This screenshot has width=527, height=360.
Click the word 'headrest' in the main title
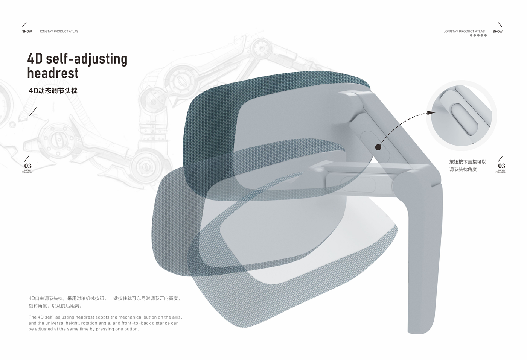[x=53, y=73]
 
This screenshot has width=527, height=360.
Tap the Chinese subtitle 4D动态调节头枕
[x=53, y=91]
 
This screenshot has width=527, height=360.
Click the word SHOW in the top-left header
[x=27, y=32]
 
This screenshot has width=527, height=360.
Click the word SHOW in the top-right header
[x=497, y=32]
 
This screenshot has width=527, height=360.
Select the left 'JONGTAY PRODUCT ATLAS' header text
[x=59, y=32]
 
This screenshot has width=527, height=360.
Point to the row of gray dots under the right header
[x=478, y=35]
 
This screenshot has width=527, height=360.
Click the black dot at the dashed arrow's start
[x=378, y=147]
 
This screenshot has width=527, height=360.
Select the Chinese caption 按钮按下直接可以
[x=468, y=162]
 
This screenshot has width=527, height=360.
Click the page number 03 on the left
[x=28, y=166]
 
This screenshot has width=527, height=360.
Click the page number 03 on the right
[x=501, y=166]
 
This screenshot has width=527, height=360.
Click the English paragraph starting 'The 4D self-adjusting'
[x=105, y=323]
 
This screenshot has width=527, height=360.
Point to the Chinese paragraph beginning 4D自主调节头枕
[x=105, y=302]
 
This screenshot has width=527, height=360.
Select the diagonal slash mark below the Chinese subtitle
[x=33, y=111]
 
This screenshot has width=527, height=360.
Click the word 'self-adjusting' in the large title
[x=87, y=59]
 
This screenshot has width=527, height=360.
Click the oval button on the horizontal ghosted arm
[x=358, y=184]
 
